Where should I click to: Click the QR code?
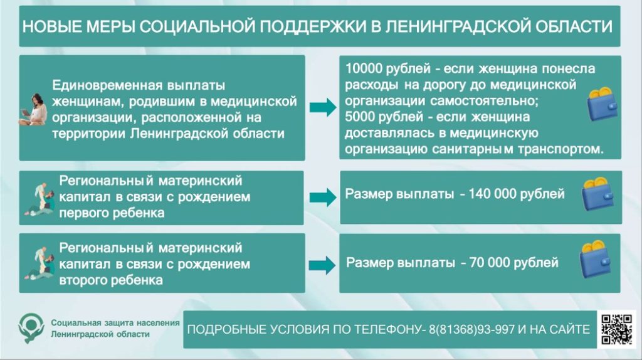click(617, 329)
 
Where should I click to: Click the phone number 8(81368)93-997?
click(471, 329)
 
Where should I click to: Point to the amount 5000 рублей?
click(384, 117)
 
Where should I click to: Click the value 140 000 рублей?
click(517, 194)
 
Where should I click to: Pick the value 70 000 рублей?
click(514, 263)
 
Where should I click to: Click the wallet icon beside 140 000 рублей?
click(597, 194)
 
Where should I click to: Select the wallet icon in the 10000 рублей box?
click(603, 104)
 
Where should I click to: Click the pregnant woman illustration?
click(33, 109)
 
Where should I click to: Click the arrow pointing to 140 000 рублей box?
click(323, 198)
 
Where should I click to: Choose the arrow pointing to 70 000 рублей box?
click(322, 265)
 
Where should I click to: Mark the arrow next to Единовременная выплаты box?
click(323, 108)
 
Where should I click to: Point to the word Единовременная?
click(107, 85)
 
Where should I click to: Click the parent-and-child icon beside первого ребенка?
click(39, 199)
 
